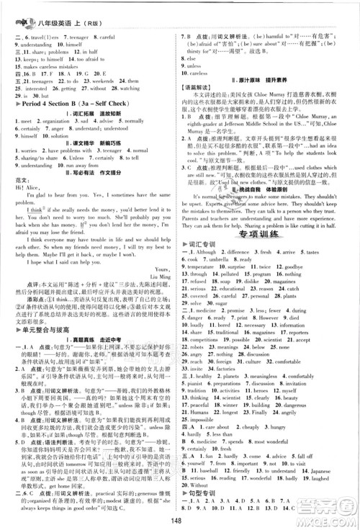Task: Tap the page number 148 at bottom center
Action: [181, 523]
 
